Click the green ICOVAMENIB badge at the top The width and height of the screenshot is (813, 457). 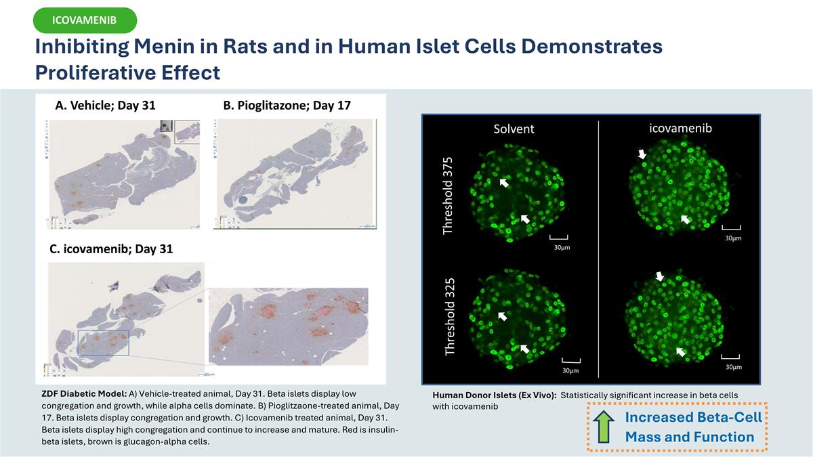(x=85, y=21)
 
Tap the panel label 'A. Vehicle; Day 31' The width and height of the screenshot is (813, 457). (x=105, y=106)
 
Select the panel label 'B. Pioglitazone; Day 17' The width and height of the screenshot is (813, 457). (x=287, y=106)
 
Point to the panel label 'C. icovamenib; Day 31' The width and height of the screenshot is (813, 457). (x=111, y=248)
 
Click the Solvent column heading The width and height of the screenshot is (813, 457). (x=514, y=129)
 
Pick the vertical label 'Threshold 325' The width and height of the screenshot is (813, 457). (x=450, y=315)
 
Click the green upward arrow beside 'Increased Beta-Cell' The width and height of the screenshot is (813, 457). (x=603, y=427)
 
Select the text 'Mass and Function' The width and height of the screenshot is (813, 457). (x=689, y=437)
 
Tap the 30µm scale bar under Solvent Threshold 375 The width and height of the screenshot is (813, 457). (x=558, y=238)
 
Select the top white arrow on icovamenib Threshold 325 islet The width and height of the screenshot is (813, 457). (x=660, y=276)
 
